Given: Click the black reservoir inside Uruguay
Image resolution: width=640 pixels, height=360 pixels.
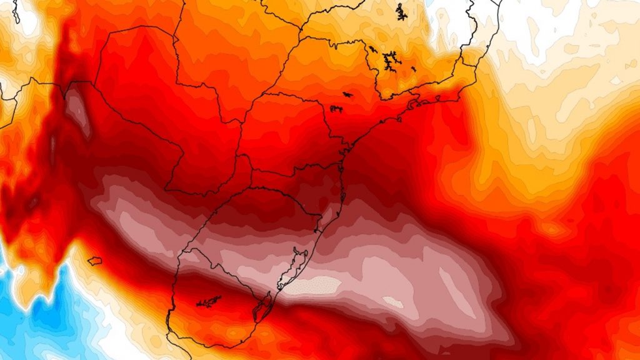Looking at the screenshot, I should click(x=209, y=302).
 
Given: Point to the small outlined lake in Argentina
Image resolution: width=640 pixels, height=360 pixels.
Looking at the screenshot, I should click(x=94, y=261).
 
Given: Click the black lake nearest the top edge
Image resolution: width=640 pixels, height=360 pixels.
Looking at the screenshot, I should click(x=400, y=11).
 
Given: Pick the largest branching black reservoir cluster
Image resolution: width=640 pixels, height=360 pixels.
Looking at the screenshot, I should click(x=391, y=61).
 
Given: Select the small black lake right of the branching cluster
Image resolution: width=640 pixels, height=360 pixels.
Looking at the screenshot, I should click(x=413, y=67).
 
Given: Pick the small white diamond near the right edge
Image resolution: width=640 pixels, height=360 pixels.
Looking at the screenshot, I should click(x=616, y=80).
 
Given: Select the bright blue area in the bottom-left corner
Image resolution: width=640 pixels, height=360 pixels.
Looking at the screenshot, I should click(x=31, y=325).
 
